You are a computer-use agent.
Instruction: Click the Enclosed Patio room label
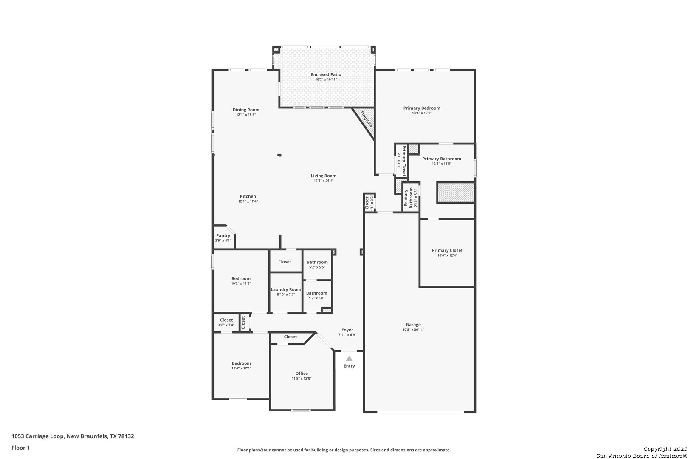pyautogui.click(x=326, y=74)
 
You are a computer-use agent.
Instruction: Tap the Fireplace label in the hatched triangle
pyautogui.click(x=367, y=119)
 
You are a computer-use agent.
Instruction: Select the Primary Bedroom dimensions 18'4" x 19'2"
pyautogui.click(x=422, y=113)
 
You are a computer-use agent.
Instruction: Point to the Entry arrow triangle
pyautogui.click(x=349, y=358)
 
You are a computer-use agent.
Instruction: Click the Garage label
pyautogui.click(x=413, y=325)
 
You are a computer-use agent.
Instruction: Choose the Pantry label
pyautogui.click(x=223, y=235)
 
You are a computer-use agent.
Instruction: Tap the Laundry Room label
pyautogui.click(x=286, y=289)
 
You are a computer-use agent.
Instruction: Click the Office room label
pyautogui.click(x=302, y=374)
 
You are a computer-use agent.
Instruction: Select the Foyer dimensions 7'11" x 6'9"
pyautogui.click(x=347, y=335)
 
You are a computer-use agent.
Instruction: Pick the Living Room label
pyautogui.click(x=324, y=176)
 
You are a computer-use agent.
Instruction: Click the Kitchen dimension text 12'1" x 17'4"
pyautogui.click(x=248, y=201)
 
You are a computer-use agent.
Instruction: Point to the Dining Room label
pyautogui.click(x=246, y=110)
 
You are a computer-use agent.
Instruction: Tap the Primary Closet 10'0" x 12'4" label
pyautogui.click(x=447, y=251)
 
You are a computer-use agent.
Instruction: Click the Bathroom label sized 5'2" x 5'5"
pyautogui.click(x=317, y=262)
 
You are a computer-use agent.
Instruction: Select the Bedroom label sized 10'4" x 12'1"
pyautogui.click(x=241, y=363)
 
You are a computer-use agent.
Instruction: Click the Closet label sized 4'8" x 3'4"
pyautogui.click(x=226, y=320)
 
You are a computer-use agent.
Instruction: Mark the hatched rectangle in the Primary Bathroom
pyautogui.click(x=456, y=193)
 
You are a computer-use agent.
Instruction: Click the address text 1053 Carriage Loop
pyautogui.click(x=38, y=436)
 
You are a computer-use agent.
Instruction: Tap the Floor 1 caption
pyautogui.click(x=20, y=448)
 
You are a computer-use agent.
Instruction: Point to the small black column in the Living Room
pyautogui.click(x=279, y=155)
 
